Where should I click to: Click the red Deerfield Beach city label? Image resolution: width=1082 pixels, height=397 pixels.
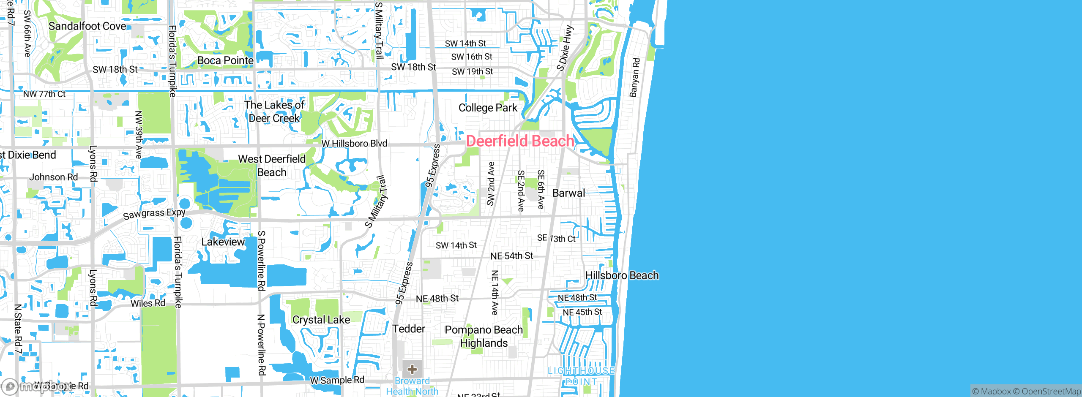(520, 141)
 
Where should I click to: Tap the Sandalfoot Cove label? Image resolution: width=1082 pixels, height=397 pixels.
(87, 26)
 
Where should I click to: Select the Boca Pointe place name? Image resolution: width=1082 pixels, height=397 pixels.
(225, 60)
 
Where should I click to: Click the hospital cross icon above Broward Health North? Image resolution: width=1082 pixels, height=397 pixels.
(412, 370)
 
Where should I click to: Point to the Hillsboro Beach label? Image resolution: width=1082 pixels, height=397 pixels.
(622, 275)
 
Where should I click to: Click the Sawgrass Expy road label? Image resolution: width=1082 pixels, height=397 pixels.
(154, 214)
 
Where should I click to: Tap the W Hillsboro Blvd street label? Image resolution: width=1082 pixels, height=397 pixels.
(354, 144)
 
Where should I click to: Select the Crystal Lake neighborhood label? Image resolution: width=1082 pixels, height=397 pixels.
(321, 320)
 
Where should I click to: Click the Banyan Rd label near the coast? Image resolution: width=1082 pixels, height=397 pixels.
(634, 77)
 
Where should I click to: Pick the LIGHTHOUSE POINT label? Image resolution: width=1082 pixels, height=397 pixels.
(581, 376)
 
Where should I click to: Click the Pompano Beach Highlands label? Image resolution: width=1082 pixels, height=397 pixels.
(484, 336)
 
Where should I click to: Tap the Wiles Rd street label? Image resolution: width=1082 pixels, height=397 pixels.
(148, 303)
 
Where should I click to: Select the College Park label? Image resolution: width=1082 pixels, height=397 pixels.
(488, 108)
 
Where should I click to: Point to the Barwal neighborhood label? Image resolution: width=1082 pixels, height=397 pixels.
(568, 193)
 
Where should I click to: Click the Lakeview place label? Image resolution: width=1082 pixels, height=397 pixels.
(223, 242)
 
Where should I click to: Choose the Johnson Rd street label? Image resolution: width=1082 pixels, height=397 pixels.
(53, 177)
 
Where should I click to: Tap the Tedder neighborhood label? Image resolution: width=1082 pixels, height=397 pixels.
(408, 329)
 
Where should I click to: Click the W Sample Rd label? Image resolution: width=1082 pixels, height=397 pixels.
(337, 380)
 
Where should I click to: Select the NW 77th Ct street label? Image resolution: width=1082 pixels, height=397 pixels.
(44, 94)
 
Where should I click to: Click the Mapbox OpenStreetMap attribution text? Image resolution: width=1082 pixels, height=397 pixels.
(1026, 392)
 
